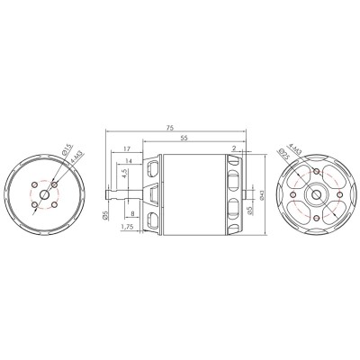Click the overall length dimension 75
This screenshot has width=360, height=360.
tap(171, 129)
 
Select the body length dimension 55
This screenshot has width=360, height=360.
tap(184, 139)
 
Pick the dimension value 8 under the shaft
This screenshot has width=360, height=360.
tap(132, 213)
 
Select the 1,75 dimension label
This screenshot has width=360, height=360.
tap(126, 229)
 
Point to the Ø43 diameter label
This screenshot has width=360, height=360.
tap(261, 193)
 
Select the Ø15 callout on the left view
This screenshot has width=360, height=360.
tap(68, 149)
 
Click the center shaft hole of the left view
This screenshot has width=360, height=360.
tap(45, 195)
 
